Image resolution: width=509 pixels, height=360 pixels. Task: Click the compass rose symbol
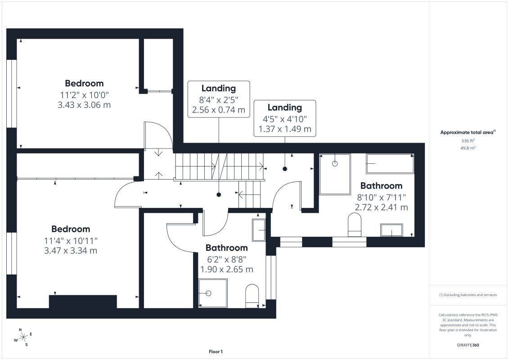coord(23,337)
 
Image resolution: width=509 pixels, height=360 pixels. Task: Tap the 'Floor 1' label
coord(216,351)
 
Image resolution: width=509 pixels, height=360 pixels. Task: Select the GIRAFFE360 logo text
coord(468,345)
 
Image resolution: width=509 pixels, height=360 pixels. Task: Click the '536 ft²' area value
coord(468,140)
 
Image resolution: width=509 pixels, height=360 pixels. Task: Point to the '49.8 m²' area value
coord(468,148)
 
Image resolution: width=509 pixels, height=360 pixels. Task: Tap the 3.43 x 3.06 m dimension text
coord(84,105)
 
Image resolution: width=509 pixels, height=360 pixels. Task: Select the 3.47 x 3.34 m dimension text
coord(71,250)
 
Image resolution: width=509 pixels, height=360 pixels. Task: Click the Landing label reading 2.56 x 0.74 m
coord(218,99)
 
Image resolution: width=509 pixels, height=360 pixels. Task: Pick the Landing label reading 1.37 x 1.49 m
coord(285,118)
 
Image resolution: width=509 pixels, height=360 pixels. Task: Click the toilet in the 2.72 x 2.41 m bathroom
coord(355,225)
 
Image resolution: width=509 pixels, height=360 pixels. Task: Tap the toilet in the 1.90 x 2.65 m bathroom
coord(252,296)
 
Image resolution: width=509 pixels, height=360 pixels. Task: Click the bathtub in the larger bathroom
coord(390,164)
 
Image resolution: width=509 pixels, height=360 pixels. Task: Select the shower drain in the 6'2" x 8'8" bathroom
coord(208,293)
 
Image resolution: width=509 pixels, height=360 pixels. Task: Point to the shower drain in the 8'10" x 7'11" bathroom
coord(335,164)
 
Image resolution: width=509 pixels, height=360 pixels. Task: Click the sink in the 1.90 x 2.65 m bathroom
coord(259,230)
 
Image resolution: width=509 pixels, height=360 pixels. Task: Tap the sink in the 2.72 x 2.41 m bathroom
coord(392,230)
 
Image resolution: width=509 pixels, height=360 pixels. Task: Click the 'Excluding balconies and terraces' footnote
coord(468,295)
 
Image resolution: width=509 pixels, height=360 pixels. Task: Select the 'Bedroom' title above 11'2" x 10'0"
coord(84,83)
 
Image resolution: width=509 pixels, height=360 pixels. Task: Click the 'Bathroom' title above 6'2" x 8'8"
coord(226,247)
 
